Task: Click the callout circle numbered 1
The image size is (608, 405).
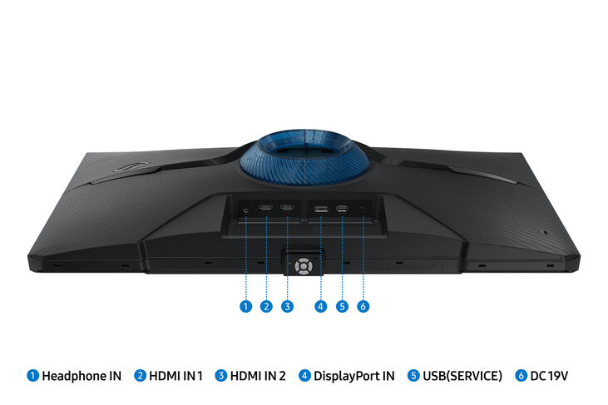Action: coord(245,306)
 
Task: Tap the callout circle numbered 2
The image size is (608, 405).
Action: coord(266,306)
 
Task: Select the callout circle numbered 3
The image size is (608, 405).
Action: coord(287,306)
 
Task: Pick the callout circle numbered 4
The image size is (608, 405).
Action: coord(321,306)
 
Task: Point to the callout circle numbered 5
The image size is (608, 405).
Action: coord(342,306)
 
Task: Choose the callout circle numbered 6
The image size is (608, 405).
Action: coord(363,306)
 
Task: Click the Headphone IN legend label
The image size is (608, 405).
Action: coord(82,376)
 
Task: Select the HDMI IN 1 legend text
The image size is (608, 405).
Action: coord(175,376)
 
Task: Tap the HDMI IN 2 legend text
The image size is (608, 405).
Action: coord(257,376)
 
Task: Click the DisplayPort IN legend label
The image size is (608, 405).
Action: coord(353,376)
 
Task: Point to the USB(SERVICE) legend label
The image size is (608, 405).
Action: coord(462,376)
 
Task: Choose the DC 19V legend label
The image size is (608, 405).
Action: coord(548,376)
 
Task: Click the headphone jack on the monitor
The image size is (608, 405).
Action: coord(246,209)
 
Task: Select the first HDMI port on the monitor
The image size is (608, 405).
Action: coord(266,207)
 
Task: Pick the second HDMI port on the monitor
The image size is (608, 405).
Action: coord(287,207)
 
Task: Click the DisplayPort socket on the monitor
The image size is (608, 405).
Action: coord(321,207)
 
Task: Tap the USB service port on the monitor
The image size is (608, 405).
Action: coord(342,207)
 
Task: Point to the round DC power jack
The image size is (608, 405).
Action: coord(363,208)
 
